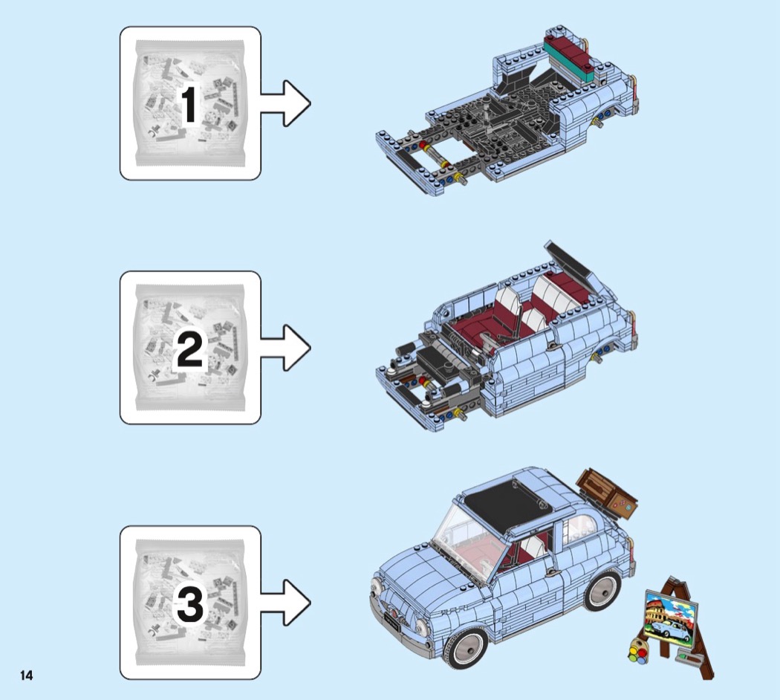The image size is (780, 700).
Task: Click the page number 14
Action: (26, 675)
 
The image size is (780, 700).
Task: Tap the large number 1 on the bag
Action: (189, 105)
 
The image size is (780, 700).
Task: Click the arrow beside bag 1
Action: (285, 104)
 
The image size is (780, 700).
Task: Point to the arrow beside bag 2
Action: (285, 348)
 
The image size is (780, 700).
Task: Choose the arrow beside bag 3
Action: (285, 602)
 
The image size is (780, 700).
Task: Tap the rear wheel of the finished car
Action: (603, 591)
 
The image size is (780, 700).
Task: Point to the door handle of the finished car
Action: (550, 572)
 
